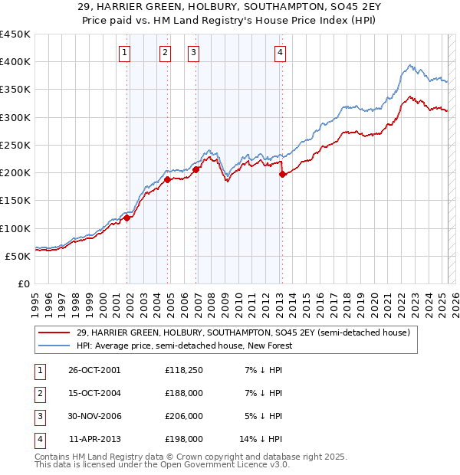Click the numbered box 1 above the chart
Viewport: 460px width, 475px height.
[x=124, y=53]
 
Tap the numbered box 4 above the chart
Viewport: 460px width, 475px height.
[x=281, y=53]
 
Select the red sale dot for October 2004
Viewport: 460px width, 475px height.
[x=167, y=180]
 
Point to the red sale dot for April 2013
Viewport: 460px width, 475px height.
[x=282, y=174]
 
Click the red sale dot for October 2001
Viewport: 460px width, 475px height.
[x=127, y=218]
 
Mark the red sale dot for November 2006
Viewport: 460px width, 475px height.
[x=196, y=169]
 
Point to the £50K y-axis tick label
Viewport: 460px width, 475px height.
[x=18, y=256]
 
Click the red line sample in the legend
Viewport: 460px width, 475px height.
[x=55, y=333]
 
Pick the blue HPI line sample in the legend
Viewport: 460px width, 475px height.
[x=55, y=346]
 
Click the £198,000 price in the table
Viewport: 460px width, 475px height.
[x=183, y=440]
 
